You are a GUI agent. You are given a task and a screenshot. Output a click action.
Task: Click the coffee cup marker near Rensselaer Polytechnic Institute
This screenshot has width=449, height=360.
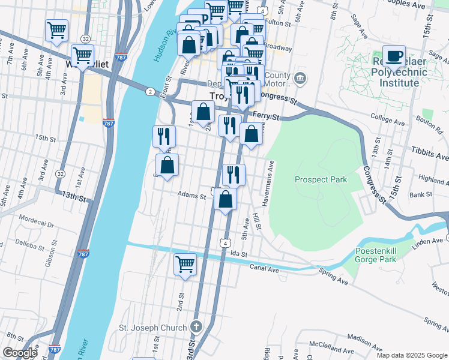[x=394, y=56]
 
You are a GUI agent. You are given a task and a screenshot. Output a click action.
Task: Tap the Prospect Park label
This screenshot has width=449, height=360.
[x=321, y=179]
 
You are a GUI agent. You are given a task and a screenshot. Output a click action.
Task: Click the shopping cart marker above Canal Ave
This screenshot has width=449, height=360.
[x=185, y=263]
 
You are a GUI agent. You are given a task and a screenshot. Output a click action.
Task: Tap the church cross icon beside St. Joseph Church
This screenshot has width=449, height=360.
[x=195, y=328]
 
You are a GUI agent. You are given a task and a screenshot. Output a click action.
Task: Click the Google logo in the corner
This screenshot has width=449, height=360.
[x=20, y=353]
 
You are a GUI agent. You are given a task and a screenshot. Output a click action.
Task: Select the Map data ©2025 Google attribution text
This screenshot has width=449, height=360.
[x=412, y=355]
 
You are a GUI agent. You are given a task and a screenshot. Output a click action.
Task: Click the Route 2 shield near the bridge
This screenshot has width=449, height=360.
[x=149, y=91]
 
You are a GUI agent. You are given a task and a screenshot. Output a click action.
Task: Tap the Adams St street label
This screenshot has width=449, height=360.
[x=192, y=194]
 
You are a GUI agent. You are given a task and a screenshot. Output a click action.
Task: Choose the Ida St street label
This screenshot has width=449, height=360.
[x=240, y=254]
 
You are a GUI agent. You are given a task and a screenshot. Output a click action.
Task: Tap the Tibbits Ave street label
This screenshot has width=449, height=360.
[x=430, y=154]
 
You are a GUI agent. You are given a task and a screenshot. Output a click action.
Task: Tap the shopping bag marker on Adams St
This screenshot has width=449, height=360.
[x=225, y=199]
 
